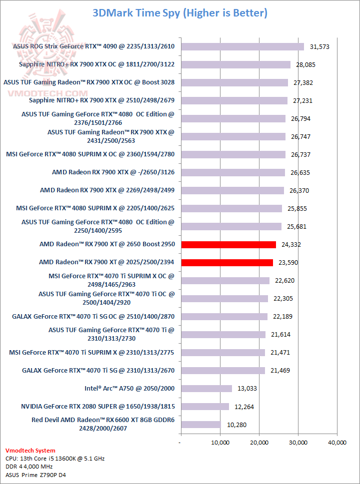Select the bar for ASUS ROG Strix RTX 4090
click(x=242, y=46)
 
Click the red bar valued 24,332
click(x=228, y=244)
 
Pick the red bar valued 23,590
click(x=227, y=262)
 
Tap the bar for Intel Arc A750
click(x=206, y=388)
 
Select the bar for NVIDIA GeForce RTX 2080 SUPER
click(x=205, y=406)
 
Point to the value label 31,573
click(x=320, y=46)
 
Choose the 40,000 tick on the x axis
click(x=337, y=443)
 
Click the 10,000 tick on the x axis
click(x=220, y=443)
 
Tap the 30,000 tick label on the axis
click(x=298, y=443)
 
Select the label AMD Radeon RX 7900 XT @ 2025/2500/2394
click(x=107, y=262)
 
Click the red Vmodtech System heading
click(x=30, y=451)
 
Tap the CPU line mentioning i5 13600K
click(x=55, y=459)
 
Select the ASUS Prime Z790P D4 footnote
click(x=35, y=475)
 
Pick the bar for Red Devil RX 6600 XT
click(x=200, y=425)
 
